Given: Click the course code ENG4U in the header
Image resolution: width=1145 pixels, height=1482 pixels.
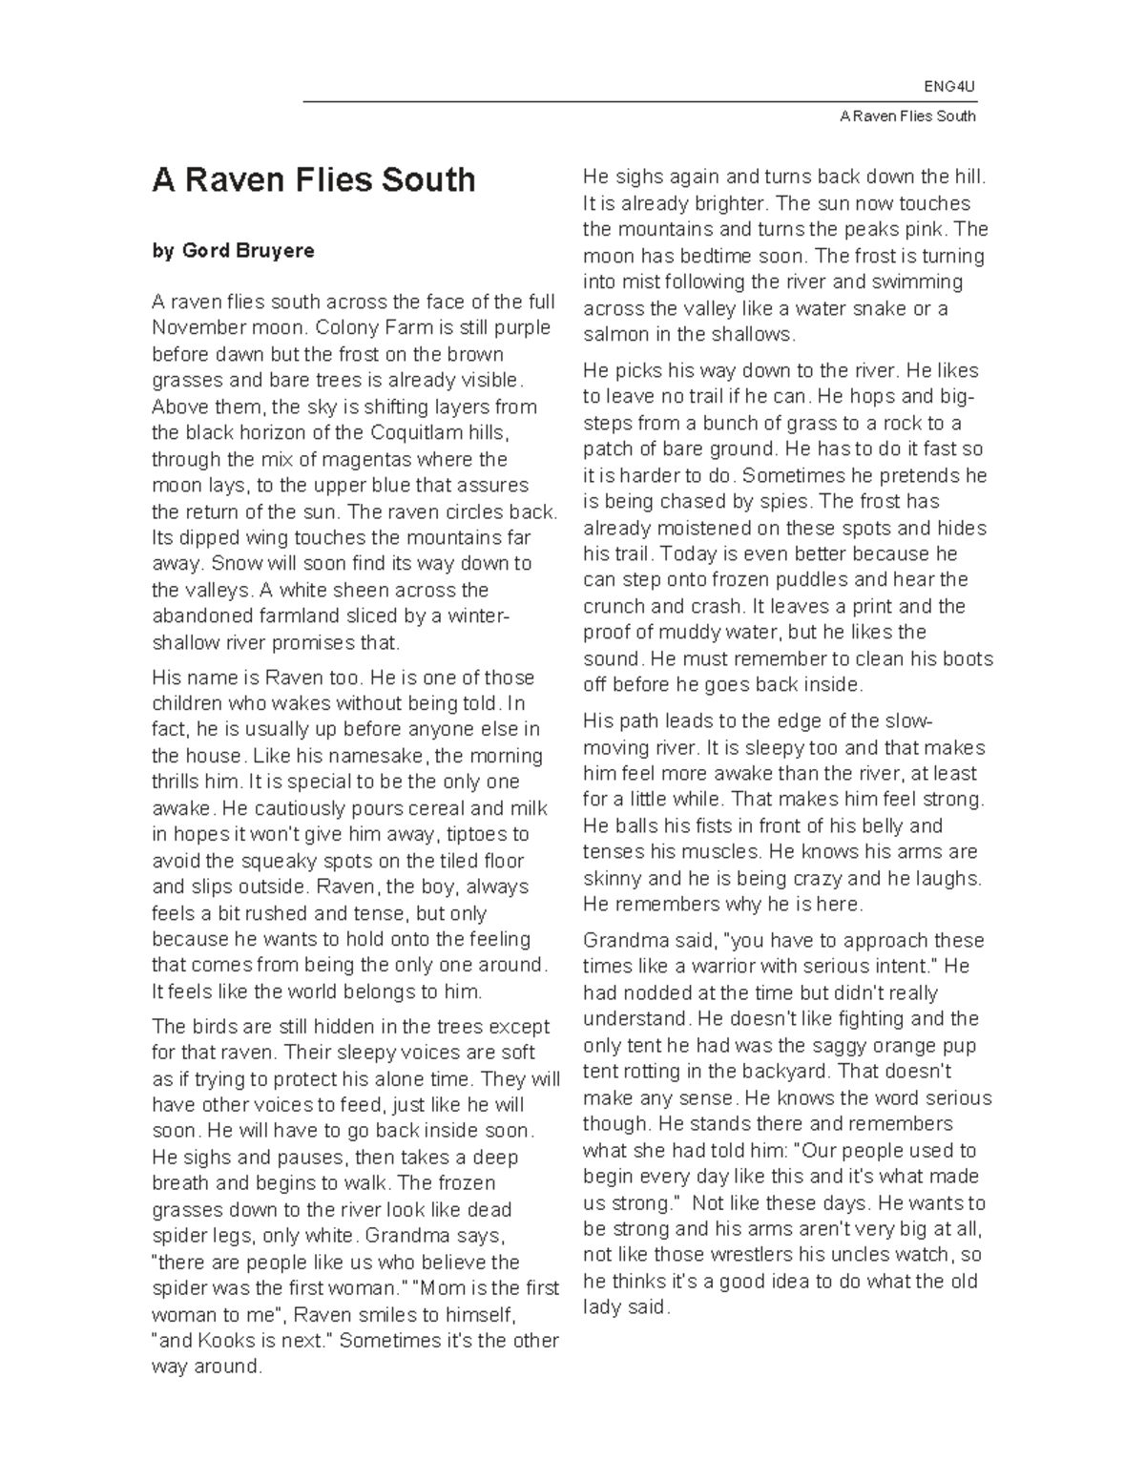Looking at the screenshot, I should [x=949, y=88].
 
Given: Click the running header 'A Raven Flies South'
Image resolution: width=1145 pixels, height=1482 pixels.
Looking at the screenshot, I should [x=907, y=116].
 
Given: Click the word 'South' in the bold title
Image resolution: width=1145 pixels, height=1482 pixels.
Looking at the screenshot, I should [x=428, y=180].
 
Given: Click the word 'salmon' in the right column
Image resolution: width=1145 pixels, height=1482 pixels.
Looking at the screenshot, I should [x=613, y=335].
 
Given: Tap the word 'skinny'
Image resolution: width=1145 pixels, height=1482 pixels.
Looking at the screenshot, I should [x=612, y=879].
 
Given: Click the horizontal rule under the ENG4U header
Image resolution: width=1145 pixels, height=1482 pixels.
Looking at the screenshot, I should [x=639, y=101].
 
